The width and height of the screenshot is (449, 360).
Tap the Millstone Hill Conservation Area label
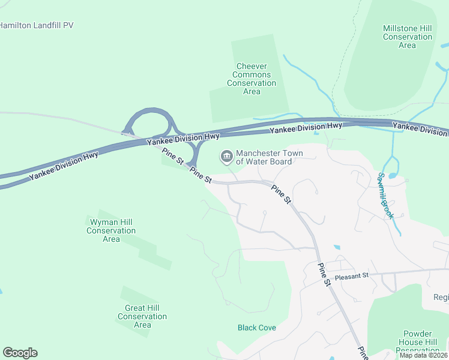coord(407,37)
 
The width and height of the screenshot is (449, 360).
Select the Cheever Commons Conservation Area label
coord(252,79)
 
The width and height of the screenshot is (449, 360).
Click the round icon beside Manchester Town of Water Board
coord(226,157)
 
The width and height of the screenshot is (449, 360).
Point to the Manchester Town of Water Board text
coord(269,157)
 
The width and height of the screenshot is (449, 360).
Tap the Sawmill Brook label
coord(384,196)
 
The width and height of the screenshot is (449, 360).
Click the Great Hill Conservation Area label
coord(142,316)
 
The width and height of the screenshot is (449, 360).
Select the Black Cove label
coord(257,328)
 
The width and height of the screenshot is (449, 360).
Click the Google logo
coord(20,353)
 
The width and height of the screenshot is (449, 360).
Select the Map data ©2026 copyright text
coord(423,355)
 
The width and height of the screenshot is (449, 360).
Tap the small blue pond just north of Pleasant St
coord(336,247)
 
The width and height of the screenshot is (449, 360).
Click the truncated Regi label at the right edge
coord(441,298)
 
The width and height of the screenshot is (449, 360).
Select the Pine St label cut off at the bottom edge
coord(362,353)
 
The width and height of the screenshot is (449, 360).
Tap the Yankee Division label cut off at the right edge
coord(420,127)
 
